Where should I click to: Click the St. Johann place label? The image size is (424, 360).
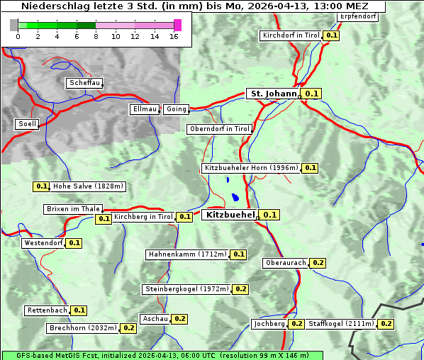coord(274,93)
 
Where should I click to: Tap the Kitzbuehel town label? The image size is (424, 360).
coord(230,214)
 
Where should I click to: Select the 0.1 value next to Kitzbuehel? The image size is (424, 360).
coord(269,215)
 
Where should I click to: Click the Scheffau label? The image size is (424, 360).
coord(84,83)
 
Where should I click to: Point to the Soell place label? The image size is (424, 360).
coord(27,124)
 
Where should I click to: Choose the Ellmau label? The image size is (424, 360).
coord(145,109)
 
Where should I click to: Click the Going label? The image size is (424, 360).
coord(176,109)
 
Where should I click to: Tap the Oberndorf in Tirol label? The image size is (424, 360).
coord(220,129)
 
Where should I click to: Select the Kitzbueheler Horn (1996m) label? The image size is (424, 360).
coord(251,168)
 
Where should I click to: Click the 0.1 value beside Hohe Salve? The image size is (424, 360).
coord(41,186)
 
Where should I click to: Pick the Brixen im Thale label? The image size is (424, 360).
coord(73,209)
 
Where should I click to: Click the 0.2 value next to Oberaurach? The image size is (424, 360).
coord(318,263)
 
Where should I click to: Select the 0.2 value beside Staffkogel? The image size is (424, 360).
coord(386,324)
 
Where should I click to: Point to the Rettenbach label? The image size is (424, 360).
coord(48,310)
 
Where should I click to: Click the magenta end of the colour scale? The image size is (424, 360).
coord(177,25)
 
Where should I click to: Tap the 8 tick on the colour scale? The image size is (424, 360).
coord(96,36)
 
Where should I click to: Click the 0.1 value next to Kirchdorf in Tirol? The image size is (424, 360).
coord(331,35)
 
